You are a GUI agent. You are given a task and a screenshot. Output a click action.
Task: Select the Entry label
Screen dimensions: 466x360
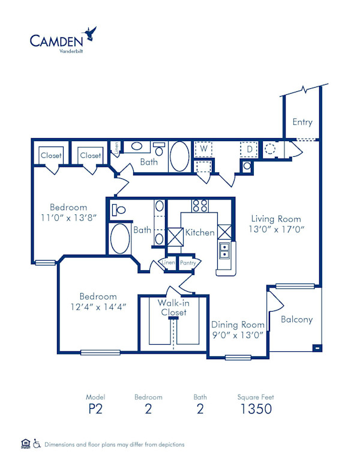tap(302, 122)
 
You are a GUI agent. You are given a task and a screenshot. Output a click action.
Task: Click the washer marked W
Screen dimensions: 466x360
tap(203, 148)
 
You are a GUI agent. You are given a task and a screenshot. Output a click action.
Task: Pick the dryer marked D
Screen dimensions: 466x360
tap(249, 148)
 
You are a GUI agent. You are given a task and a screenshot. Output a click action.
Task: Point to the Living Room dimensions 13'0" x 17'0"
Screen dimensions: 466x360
tap(276, 229)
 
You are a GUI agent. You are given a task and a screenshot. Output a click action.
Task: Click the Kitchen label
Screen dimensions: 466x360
tap(200, 232)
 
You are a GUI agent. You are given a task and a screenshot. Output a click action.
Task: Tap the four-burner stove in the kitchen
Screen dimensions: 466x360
tap(200, 205)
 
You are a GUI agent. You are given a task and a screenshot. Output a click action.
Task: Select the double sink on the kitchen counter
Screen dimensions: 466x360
tap(224, 250)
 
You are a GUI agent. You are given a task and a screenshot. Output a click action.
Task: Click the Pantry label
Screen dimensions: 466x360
tap(188, 263)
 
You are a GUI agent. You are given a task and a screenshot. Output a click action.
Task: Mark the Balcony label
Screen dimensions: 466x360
tap(297, 319)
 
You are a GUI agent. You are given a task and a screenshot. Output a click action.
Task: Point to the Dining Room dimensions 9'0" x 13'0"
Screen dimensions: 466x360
tap(238, 335)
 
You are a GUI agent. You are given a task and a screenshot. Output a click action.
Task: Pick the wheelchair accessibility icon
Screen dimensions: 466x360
tap(37, 444)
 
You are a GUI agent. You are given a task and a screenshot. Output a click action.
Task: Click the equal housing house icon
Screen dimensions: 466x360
tap(25, 444)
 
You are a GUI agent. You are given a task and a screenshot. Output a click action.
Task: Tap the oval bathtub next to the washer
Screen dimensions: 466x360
tap(179, 157)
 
